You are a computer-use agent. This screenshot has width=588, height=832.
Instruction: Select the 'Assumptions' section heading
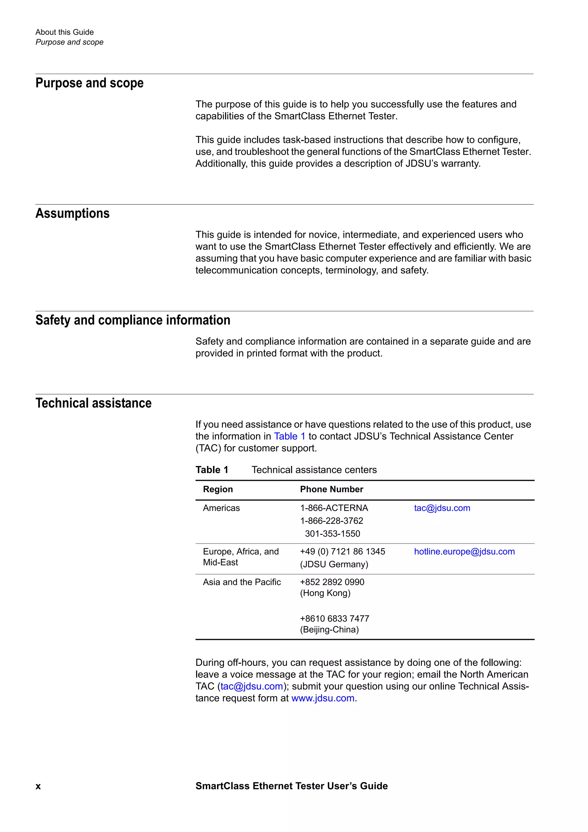[72, 213]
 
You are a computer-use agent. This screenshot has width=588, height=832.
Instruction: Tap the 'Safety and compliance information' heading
[133, 320]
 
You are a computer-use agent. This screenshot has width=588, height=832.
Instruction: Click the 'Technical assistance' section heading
[94, 403]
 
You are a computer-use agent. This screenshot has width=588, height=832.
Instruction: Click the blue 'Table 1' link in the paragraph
[289, 436]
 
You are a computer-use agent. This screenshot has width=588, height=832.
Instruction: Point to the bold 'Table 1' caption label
[212, 470]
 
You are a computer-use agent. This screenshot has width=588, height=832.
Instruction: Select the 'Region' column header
[218, 489]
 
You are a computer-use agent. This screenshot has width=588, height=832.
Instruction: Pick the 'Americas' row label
[221, 508]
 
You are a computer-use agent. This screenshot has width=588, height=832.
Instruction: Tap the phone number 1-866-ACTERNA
[334, 508]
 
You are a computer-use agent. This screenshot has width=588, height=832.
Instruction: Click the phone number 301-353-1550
[332, 534]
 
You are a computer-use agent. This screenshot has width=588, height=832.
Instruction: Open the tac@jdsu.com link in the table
[442, 508]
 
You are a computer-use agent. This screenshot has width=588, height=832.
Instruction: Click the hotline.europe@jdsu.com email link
[464, 552]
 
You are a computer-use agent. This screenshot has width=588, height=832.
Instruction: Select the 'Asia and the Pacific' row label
[242, 582]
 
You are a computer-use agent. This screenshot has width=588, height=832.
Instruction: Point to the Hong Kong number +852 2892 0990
[332, 582]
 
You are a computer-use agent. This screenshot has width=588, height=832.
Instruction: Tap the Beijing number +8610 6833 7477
[334, 619]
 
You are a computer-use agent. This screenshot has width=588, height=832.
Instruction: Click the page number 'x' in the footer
[38, 786]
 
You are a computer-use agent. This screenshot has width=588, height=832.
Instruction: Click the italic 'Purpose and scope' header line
[69, 42]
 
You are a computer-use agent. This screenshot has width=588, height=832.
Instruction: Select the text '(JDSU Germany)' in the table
[334, 564]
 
